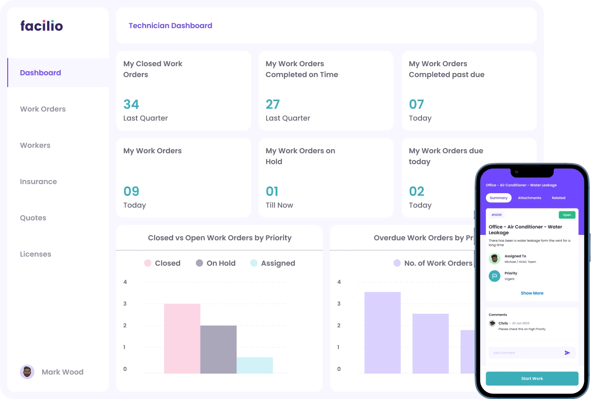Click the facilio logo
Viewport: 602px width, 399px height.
(42, 26)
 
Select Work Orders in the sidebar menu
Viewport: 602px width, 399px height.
(43, 109)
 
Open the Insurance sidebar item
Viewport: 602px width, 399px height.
(38, 181)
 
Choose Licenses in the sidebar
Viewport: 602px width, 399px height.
(35, 254)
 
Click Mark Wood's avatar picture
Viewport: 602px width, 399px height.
(27, 372)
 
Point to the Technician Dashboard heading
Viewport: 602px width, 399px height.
(170, 26)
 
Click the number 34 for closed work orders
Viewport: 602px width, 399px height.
(131, 104)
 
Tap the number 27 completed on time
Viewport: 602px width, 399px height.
(272, 104)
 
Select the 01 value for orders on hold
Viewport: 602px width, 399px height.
(272, 191)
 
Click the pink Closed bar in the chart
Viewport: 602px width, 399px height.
(182, 338)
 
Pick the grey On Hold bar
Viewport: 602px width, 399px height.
(218, 349)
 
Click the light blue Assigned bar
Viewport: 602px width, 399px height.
(255, 365)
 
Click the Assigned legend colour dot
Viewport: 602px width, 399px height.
(254, 263)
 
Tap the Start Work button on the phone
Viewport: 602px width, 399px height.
(532, 379)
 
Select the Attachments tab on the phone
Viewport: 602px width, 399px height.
(529, 198)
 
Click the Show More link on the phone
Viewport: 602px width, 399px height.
(532, 293)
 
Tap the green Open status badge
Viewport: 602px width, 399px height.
(567, 215)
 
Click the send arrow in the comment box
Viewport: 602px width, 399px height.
(567, 352)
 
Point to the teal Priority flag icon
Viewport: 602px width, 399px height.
(495, 276)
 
